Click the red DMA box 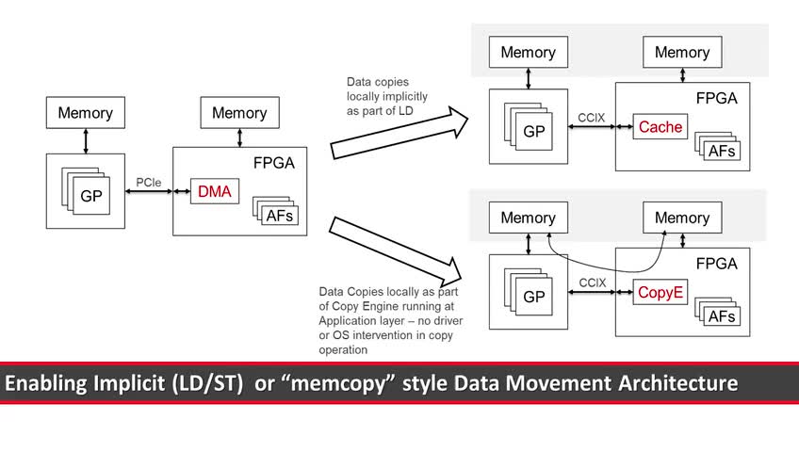click(x=214, y=193)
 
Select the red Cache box click(x=660, y=127)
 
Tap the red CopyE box click(x=660, y=293)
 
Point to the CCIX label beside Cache click(x=591, y=117)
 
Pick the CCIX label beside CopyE click(x=591, y=282)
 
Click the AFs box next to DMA click(x=281, y=216)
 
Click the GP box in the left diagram click(x=90, y=197)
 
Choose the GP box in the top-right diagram click(x=533, y=132)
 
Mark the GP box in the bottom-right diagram click(x=533, y=297)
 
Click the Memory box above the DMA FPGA click(x=239, y=113)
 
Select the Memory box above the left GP click(x=86, y=113)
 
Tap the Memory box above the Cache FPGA click(x=682, y=53)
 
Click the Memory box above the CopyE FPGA click(x=682, y=218)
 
